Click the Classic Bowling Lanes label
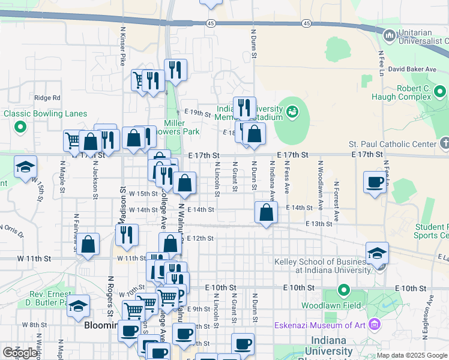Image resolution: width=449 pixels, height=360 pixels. [45, 114]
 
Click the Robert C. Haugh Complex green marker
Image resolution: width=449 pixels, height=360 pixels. [441, 92]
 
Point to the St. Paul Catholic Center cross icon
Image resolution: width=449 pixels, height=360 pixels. [444, 143]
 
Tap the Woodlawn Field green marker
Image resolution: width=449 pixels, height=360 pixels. [343, 291]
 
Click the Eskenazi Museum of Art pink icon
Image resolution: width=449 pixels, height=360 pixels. [375, 325]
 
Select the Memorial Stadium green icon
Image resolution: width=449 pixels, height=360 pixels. [292, 110]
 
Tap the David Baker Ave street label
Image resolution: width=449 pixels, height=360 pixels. [412, 69]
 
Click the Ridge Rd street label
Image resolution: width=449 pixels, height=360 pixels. [47, 98]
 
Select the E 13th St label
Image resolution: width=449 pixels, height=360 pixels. [319, 224]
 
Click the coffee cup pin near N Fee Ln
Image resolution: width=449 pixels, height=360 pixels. [375, 182]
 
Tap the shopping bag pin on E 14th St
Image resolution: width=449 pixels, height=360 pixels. [266, 212]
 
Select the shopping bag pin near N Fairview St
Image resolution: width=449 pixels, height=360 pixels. [88, 244]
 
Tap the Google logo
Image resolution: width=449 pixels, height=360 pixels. [20, 353]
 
